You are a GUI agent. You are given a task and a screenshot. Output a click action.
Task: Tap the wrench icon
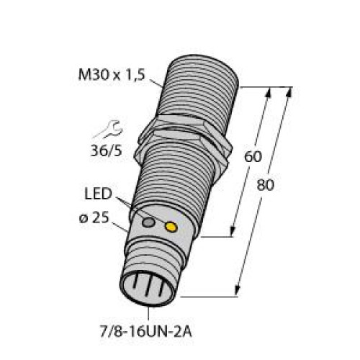point(105,130)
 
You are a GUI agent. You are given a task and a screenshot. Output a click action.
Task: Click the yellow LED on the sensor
point(171,228)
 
